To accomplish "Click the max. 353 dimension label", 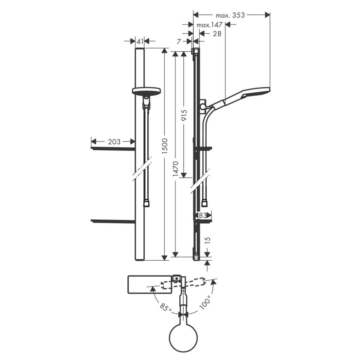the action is pos(230,15).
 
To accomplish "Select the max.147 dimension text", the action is pos(209,25).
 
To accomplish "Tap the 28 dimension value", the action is pos(217,34).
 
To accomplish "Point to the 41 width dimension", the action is pos(140,41).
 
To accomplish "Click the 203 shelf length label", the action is pos(114,142).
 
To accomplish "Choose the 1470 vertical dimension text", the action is pos(176,169).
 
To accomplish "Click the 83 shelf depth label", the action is pos(202,215).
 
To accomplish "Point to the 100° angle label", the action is pos(205,303).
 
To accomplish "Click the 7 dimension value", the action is pos(179,41).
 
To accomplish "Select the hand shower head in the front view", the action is pos(146,91).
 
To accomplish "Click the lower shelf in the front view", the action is pos(113,221).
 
